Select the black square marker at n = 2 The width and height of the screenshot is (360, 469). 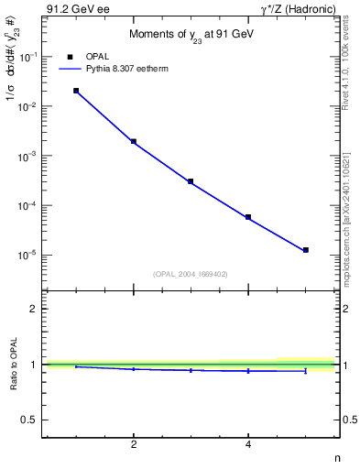point(134,142)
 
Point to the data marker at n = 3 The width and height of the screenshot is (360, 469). point(191,181)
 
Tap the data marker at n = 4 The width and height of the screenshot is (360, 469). point(248,217)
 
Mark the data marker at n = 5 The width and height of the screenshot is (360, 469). point(306,250)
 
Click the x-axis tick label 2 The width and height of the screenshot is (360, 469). point(134,444)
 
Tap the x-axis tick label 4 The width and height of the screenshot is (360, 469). point(248,444)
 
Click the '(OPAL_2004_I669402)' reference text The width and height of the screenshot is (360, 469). point(190,273)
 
